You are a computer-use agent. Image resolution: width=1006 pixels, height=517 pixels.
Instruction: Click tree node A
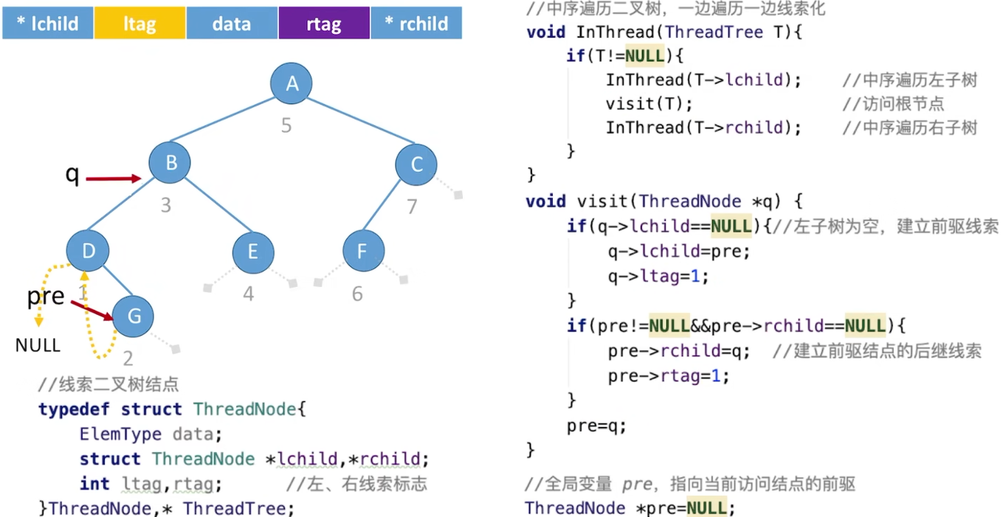click(292, 83)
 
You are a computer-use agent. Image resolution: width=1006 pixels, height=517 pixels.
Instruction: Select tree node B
click(170, 162)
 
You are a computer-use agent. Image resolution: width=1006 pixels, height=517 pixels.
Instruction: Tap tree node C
click(417, 164)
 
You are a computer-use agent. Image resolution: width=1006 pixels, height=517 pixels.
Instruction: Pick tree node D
click(89, 251)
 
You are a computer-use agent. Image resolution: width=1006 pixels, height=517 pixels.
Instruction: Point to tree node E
click(252, 251)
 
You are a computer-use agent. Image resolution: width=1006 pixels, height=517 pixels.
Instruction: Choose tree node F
click(362, 251)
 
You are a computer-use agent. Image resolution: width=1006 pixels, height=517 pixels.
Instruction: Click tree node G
click(134, 316)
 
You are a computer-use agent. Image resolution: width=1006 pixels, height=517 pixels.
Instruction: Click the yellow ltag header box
click(139, 24)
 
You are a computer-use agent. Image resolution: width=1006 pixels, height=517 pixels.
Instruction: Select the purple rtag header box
click(323, 24)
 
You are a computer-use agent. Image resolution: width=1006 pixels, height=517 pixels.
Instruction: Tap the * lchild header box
click(48, 24)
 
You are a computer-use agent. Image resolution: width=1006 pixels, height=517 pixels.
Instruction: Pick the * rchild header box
click(416, 24)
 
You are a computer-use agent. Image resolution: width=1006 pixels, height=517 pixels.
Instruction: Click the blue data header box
click(232, 24)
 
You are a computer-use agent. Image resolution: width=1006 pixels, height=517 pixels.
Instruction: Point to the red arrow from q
click(114, 178)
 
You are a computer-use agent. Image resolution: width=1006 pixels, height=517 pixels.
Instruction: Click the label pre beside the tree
click(46, 296)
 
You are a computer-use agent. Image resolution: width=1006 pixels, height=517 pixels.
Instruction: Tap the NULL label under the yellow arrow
click(38, 345)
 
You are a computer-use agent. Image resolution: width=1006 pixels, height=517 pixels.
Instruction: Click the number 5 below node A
click(286, 126)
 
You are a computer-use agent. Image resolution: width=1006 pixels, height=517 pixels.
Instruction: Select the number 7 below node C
click(413, 206)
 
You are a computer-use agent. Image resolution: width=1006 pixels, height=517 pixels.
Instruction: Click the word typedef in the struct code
click(74, 409)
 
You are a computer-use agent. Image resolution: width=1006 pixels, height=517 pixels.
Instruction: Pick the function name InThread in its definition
click(616, 32)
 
